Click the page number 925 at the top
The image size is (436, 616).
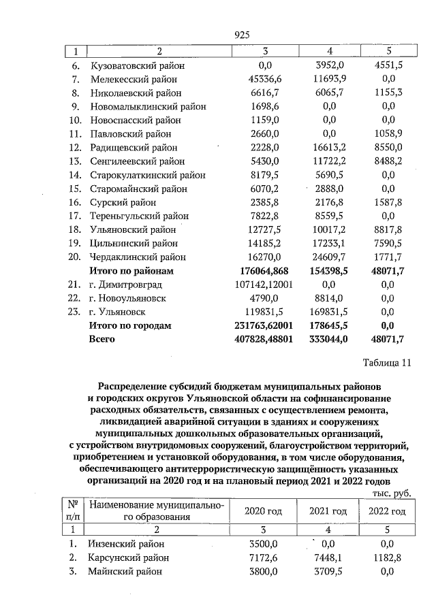pos(243,35)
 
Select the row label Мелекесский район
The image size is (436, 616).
pos(134,80)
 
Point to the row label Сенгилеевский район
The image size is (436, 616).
pos(137,161)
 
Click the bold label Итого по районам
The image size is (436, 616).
pos(131,271)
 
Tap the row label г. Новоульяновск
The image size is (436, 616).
pos(127,298)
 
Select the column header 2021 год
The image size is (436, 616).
pos(328,511)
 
